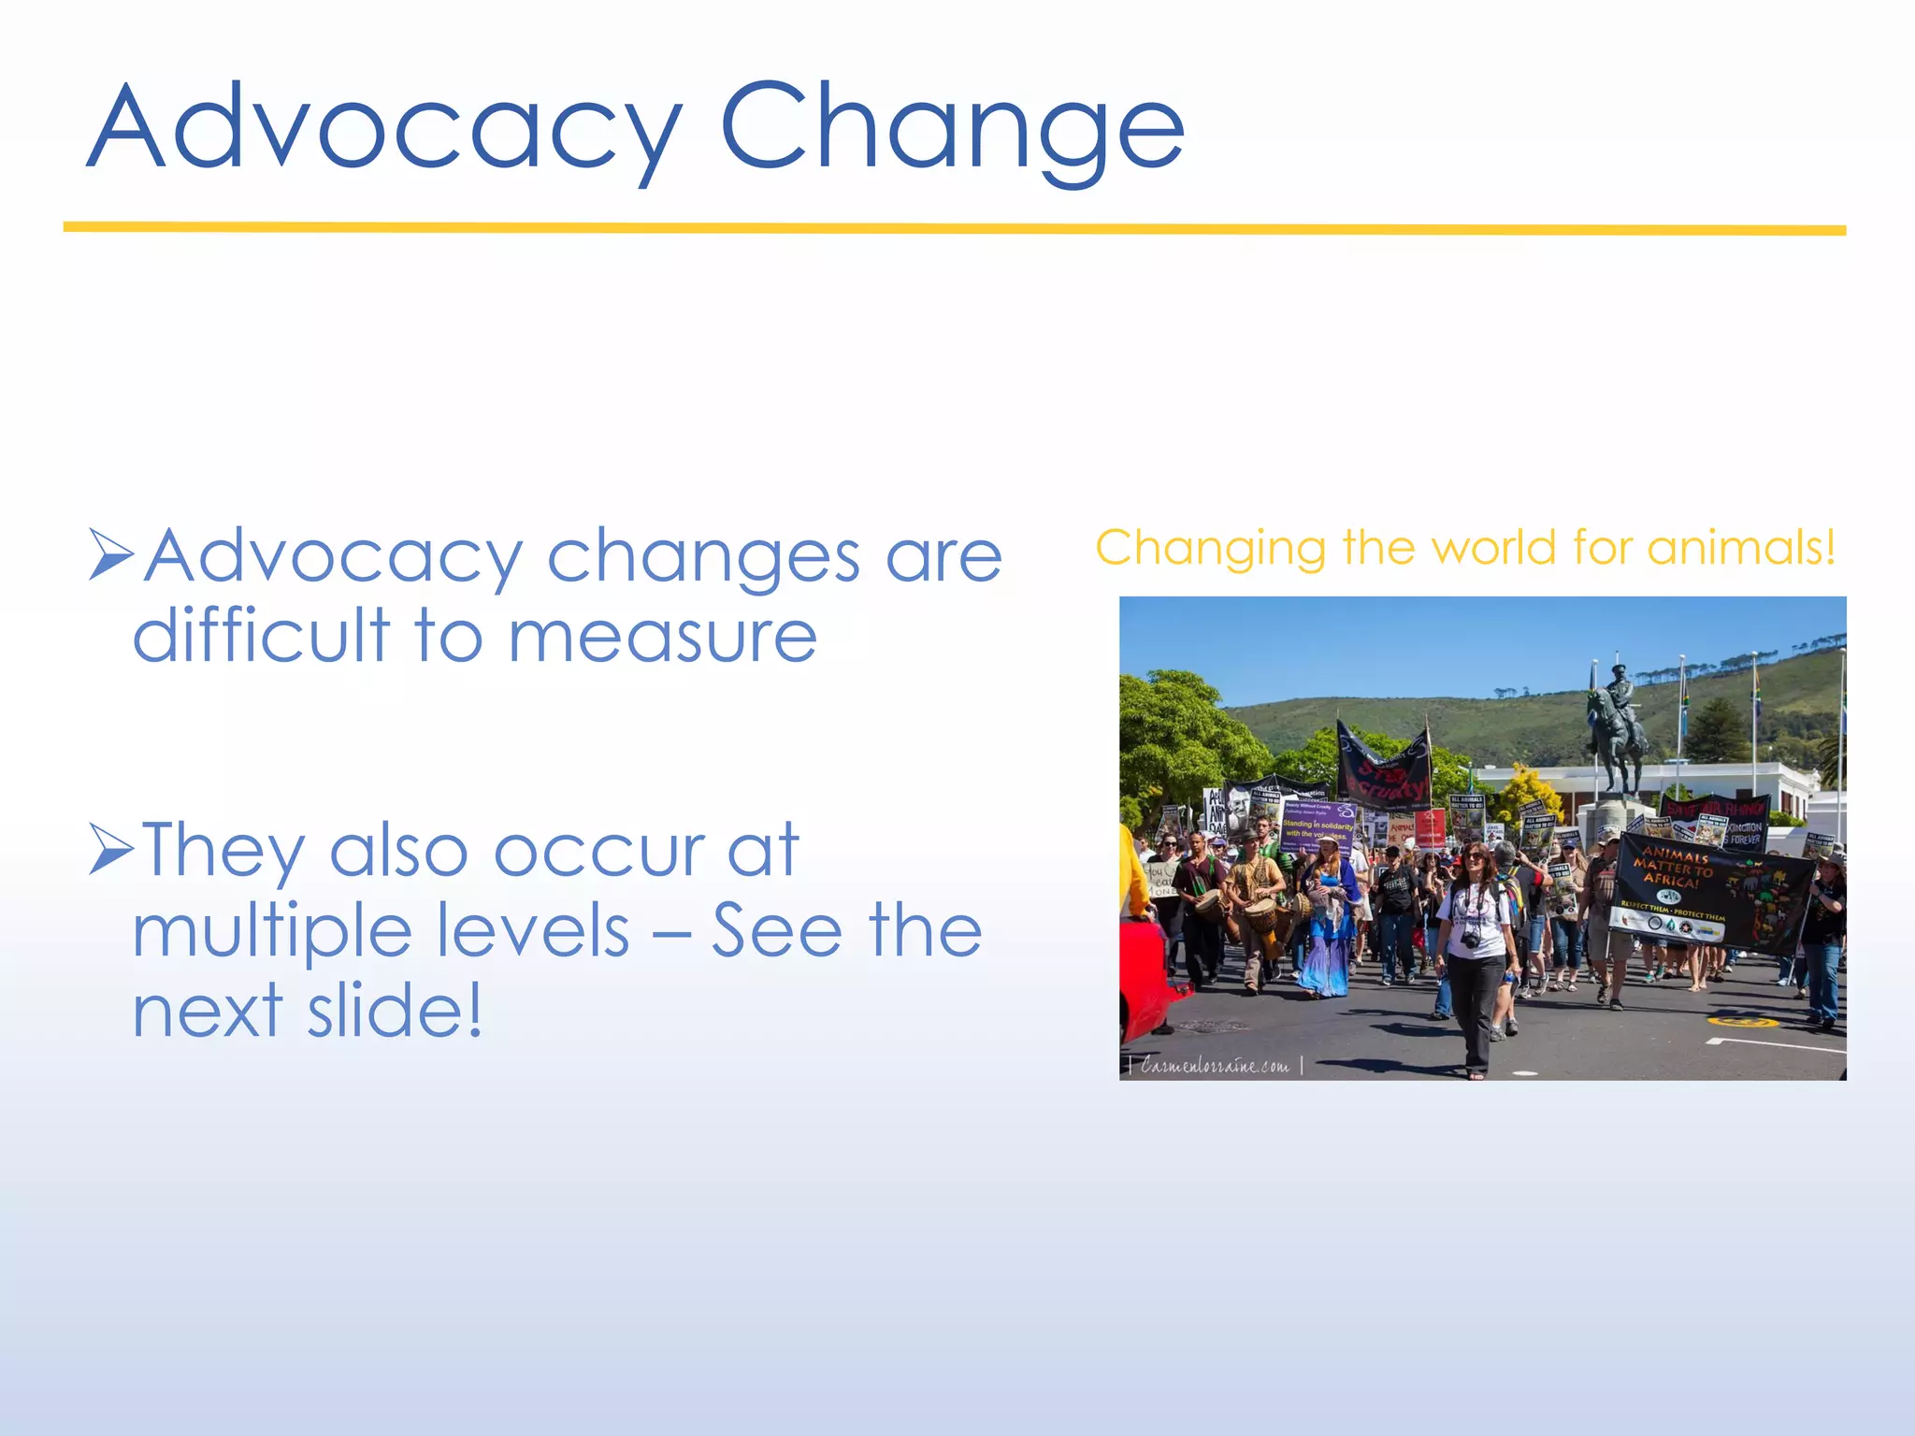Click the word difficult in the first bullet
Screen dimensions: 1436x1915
coord(262,636)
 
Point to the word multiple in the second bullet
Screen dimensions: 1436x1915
coord(271,933)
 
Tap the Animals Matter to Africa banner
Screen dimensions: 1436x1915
coord(1711,893)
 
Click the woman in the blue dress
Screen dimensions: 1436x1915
coord(1328,926)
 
